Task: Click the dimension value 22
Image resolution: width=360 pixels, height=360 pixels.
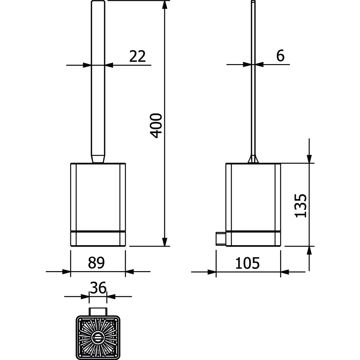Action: pos(137,56)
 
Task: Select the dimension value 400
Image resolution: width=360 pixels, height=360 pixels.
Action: pos(156,126)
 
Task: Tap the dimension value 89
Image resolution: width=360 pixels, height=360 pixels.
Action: pos(96,263)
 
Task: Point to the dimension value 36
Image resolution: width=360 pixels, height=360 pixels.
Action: pos(98,287)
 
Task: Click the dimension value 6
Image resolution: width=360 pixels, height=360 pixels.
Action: pos(280,55)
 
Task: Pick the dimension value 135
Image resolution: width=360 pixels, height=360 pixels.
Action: pos(301,206)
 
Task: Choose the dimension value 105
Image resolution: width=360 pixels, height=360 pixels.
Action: pos(248,263)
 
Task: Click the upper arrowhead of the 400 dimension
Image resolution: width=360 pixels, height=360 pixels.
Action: pos(165,5)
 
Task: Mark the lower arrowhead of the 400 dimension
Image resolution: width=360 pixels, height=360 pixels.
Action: pos(165,242)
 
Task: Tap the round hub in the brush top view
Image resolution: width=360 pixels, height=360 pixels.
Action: pos(98,338)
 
